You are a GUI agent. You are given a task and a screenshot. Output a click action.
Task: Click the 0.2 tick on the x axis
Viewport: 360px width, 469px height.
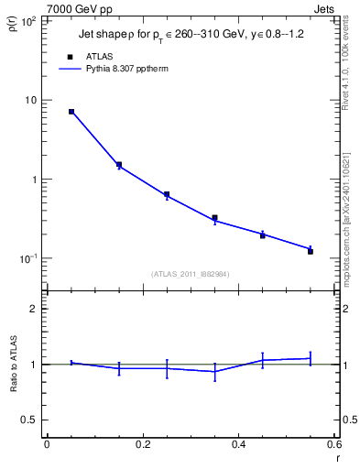coord(142,444)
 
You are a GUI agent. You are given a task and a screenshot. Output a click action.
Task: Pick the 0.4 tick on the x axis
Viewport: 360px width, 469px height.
coord(238,444)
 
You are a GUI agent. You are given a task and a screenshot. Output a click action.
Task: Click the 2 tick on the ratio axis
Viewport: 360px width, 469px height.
coord(35,309)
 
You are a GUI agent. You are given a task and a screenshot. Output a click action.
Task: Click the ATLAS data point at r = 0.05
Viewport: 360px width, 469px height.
coord(71,112)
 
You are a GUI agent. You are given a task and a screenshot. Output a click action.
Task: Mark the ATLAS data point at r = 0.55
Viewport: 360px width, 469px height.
coord(311,251)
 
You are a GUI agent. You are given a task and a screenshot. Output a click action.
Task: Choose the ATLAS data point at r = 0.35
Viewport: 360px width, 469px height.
coord(214,218)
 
